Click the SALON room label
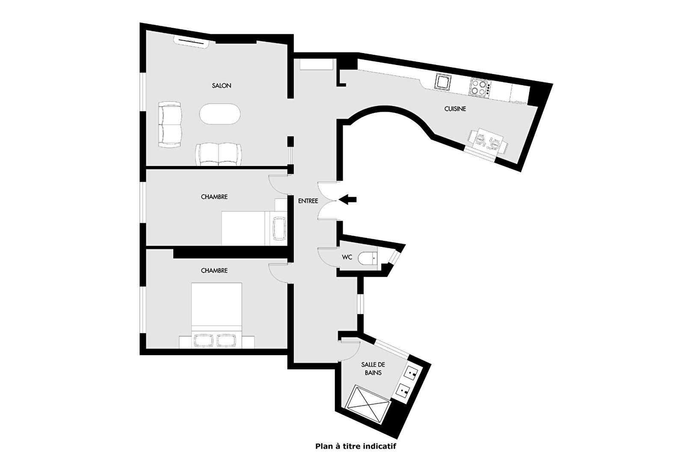pos(222,86)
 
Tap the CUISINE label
pos(455,109)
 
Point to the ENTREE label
pos(308,201)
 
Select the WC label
pos(347,257)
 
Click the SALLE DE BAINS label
pos(373,369)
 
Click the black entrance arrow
pos(347,200)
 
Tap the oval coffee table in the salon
pos(219,114)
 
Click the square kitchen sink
pos(443,82)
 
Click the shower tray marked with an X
pos(367,403)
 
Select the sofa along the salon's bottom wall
pos(219,154)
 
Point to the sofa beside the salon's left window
pos(170,124)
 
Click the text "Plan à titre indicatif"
pos(355,446)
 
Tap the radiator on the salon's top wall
pos(192,41)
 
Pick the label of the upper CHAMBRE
pos(214,197)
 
